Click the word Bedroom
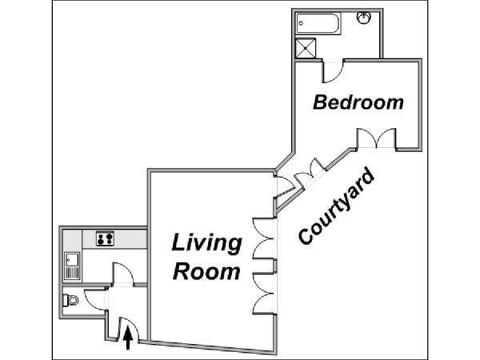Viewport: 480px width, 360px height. (x=358, y=102)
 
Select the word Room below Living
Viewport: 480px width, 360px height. (x=206, y=271)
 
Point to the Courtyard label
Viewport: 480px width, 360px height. (x=336, y=206)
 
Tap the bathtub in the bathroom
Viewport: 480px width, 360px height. (x=318, y=23)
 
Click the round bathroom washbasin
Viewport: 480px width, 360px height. (x=364, y=17)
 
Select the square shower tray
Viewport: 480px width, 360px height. (x=306, y=48)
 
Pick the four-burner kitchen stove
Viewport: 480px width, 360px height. (x=105, y=238)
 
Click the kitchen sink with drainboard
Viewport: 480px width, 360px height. (x=72, y=266)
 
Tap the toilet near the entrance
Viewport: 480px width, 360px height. (x=70, y=300)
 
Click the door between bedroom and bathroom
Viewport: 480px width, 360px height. (x=333, y=73)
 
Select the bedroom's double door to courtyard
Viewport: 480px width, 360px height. (x=377, y=138)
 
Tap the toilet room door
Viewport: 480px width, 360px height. (x=95, y=300)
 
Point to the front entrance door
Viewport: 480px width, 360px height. (x=129, y=329)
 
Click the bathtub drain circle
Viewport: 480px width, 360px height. (x=301, y=23)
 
